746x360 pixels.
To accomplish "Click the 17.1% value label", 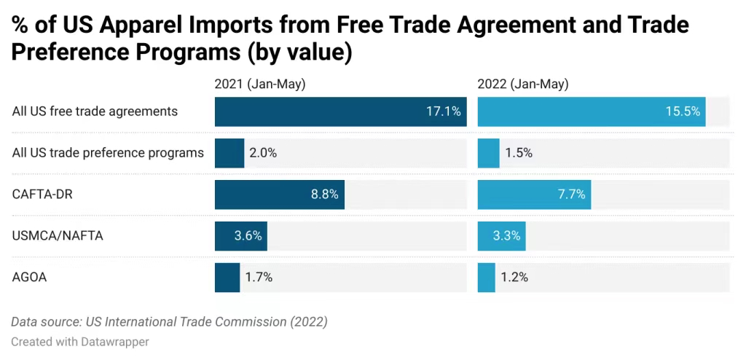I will click(x=443, y=111).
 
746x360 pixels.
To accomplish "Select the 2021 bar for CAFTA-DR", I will click(x=279, y=195).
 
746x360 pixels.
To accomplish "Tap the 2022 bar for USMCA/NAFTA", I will click(x=501, y=236).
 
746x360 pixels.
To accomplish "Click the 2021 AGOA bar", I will click(x=227, y=278).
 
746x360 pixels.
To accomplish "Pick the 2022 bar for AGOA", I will click(x=486, y=278).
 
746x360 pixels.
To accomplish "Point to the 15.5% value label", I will click(x=683, y=111).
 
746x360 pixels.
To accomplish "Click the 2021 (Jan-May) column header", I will click(x=260, y=85).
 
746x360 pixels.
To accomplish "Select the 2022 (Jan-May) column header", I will click(x=523, y=85).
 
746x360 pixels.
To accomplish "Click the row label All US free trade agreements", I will click(x=95, y=111).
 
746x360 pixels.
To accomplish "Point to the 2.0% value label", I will click(x=263, y=153).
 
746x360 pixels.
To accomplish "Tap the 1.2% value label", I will click(x=514, y=278).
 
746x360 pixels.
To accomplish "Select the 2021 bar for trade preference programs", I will click(x=229, y=153).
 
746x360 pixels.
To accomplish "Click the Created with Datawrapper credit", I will click(x=80, y=341).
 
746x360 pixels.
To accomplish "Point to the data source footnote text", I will click(x=169, y=321).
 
